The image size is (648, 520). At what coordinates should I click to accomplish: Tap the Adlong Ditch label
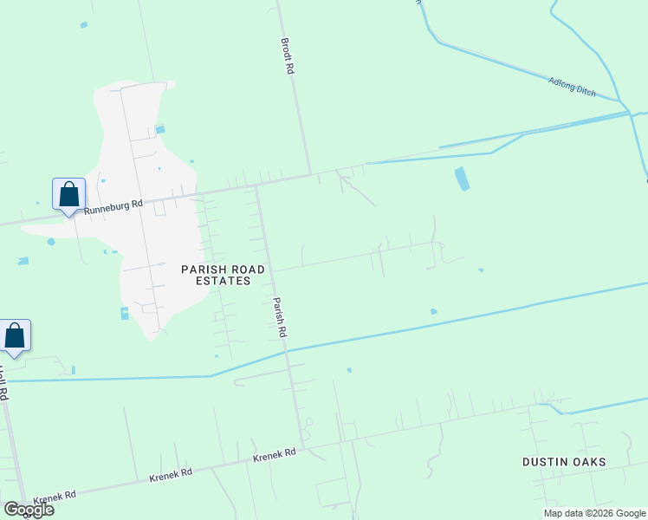point(573,87)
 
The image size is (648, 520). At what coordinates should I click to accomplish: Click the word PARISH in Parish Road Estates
point(204,270)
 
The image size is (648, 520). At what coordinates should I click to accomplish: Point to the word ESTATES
point(222,281)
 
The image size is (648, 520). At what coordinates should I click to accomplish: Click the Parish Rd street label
point(280,317)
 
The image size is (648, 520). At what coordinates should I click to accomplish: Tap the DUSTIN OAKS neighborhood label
point(564,462)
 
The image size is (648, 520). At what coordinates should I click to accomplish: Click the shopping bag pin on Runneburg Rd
point(68,194)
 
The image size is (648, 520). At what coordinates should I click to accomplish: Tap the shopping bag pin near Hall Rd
point(15,335)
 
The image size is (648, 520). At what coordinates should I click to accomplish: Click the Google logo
point(29,510)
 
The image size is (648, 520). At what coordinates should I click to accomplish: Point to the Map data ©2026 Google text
point(594,513)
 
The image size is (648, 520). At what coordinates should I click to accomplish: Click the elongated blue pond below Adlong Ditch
point(462,179)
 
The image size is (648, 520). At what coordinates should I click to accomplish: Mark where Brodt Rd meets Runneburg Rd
point(310,174)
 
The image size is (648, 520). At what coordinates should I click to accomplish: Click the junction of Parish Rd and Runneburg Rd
point(256,185)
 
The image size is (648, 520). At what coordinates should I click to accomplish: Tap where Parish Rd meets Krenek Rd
point(303,447)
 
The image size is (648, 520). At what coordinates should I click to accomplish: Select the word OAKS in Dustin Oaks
point(588,462)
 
